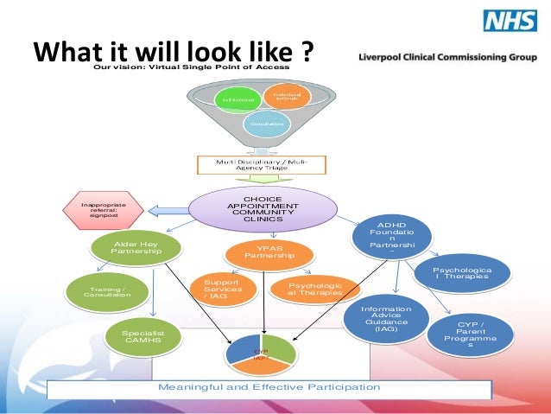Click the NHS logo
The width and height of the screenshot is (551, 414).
pos(510,21)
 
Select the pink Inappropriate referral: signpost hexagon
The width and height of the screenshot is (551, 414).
pos(102,210)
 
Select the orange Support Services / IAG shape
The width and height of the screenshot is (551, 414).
pos(222,290)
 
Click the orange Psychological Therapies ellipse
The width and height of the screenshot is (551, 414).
pos(314,289)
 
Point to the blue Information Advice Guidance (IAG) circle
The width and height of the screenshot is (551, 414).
pos(386,317)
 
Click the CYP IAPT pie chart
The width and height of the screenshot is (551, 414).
pos(261,353)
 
